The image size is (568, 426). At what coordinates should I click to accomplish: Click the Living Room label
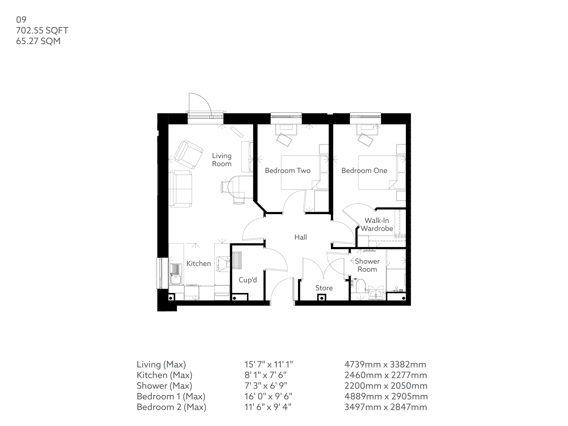(222, 160)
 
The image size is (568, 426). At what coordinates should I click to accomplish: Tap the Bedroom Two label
(288, 171)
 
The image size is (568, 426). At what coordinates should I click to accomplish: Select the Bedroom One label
(364, 171)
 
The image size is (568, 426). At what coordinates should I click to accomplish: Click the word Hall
(300, 237)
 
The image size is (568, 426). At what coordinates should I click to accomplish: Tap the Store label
(324, 288)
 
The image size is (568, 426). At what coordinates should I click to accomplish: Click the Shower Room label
(367, 265)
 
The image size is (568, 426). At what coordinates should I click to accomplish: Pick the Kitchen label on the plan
(199, 263)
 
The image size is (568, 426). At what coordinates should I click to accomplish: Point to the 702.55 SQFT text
(42, 30)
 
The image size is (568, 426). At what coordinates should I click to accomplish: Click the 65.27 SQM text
(38, 41)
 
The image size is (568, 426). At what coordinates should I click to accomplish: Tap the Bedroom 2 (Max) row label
(171, 407)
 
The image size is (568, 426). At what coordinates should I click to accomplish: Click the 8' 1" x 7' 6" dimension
(265, 375)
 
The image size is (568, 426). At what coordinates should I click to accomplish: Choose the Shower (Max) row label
(164, 386)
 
